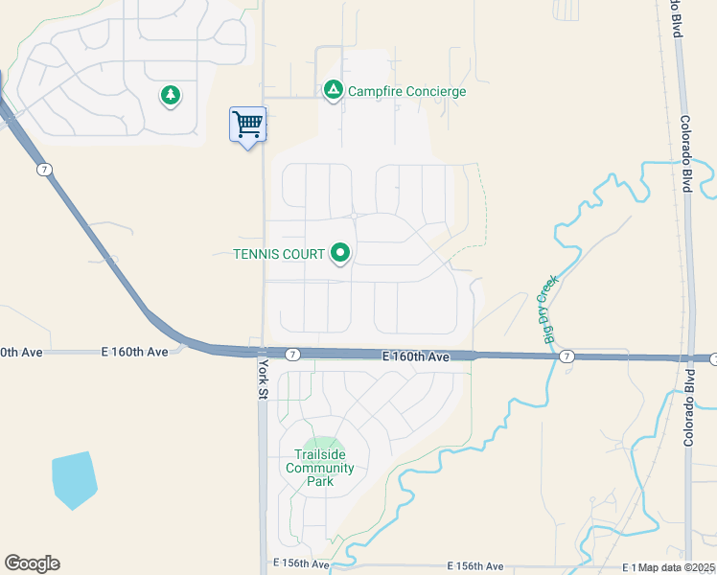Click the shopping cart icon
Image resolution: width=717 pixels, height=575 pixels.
pyautogui.click(x=247, y=124)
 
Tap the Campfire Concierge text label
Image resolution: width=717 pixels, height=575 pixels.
pyautogui.click(x=406, y=92)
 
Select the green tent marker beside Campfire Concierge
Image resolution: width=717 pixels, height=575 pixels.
pyautogui.click(x=333, y=91)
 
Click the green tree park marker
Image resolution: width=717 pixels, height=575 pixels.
pyautogui.click(x=171, y=96)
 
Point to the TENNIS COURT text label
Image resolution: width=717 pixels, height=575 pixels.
pyautogui.click(x=279, y=254)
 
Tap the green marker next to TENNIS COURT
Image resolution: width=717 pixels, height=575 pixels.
pyautogui.click(x=340, y=254)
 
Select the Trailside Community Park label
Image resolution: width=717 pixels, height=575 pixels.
pyautogui.click(x=319, y=468)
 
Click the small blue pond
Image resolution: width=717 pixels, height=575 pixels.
pyautogui.click(x=74, y=479)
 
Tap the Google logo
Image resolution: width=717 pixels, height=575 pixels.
pyautogui.click(x=32, y=563)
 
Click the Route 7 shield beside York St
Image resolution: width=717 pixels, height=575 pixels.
pyautogui.click(x=293, y=355)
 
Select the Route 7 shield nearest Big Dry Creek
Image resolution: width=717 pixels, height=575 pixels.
pyautogui.click(x=567, y=356)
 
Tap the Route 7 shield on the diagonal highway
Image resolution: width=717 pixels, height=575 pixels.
pyautogui.click(x=44, y=170)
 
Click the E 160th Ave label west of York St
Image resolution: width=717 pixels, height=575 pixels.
pyautogui.click(x=134, y=352)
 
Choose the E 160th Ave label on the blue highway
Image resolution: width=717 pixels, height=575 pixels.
pyautogui.click(x=415, y=356)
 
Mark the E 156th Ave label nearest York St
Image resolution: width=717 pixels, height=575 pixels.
pyautogui.click(x=301, y=565)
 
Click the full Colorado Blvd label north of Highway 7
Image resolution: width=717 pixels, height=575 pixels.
pyautogui.click(x=685, y=154)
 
